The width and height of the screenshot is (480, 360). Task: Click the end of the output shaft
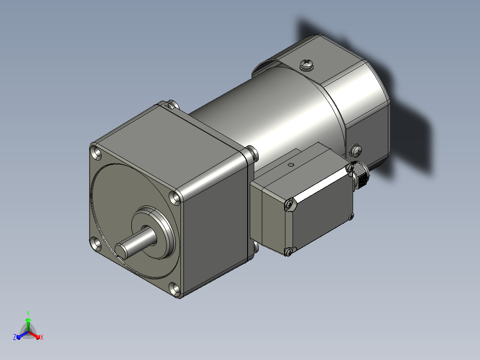(x=121, y=250)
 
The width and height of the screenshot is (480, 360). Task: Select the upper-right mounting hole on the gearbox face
(x=175, y=198)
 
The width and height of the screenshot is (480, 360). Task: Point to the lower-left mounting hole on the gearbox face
(x=96, y=244)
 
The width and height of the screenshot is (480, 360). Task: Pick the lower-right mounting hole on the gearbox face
(x=175, y=289)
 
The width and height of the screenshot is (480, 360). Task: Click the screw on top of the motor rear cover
(x=307, y=64)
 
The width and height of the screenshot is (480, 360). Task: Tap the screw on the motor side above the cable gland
(x=355, y=150)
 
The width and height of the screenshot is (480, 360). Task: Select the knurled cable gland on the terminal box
(x=360, y=175)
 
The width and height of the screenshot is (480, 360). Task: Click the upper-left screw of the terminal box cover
(x=289, y=205)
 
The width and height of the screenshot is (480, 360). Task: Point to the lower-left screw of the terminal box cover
(x=289, y=252)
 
